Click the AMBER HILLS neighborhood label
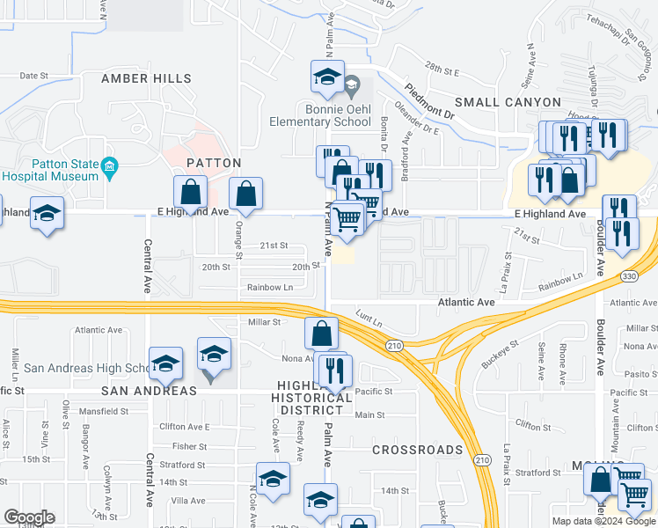click(x=146, y=78)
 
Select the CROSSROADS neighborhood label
click(x=417, y=450)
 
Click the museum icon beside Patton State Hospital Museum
click(x=109, y=166)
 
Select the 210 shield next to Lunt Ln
click(x=394, y=346)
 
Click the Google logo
click(x=29, y=517)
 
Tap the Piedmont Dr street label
click(x=429, y=102)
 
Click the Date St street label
click(x=33, y=76)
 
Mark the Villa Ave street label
click(x=188, y=500)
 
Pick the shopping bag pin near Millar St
click(x=322, y=334)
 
